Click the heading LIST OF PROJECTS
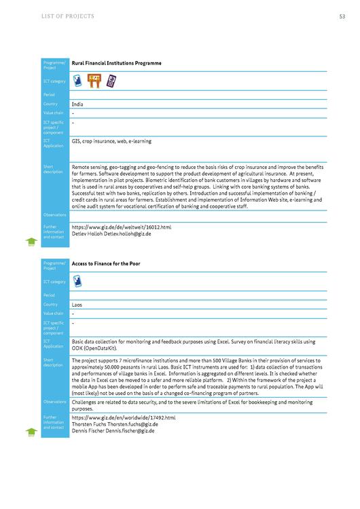coord(68,16)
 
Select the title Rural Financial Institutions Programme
coord(116,63)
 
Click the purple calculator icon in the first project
coord(110,81)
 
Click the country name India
coord(77,104)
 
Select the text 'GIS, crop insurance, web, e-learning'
coord(111,141)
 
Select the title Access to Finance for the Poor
coord(106,263)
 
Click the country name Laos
coord(77,305)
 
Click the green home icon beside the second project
coord(31,431)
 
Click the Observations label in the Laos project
coord(55,402)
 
